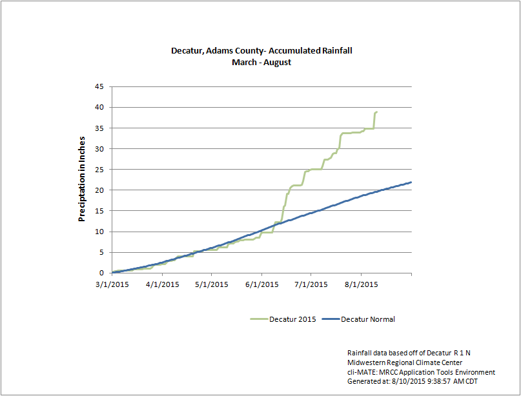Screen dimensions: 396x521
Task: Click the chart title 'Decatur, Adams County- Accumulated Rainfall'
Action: point(261,50)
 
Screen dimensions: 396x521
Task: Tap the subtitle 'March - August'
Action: point(261,62)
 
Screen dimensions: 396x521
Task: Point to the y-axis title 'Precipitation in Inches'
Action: point(82,179)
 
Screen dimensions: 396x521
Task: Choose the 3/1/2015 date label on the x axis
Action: point(112,284)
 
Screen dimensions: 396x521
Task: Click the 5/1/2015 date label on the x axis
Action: point(212,284)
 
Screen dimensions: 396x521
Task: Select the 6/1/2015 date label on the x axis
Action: point(261,284)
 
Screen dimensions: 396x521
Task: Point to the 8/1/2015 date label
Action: point(361,284)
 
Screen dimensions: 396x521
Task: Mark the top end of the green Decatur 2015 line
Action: point(377,112)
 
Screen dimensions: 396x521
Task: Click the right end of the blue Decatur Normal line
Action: point(411,182)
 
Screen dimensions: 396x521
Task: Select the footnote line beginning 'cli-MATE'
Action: point(421,372)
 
